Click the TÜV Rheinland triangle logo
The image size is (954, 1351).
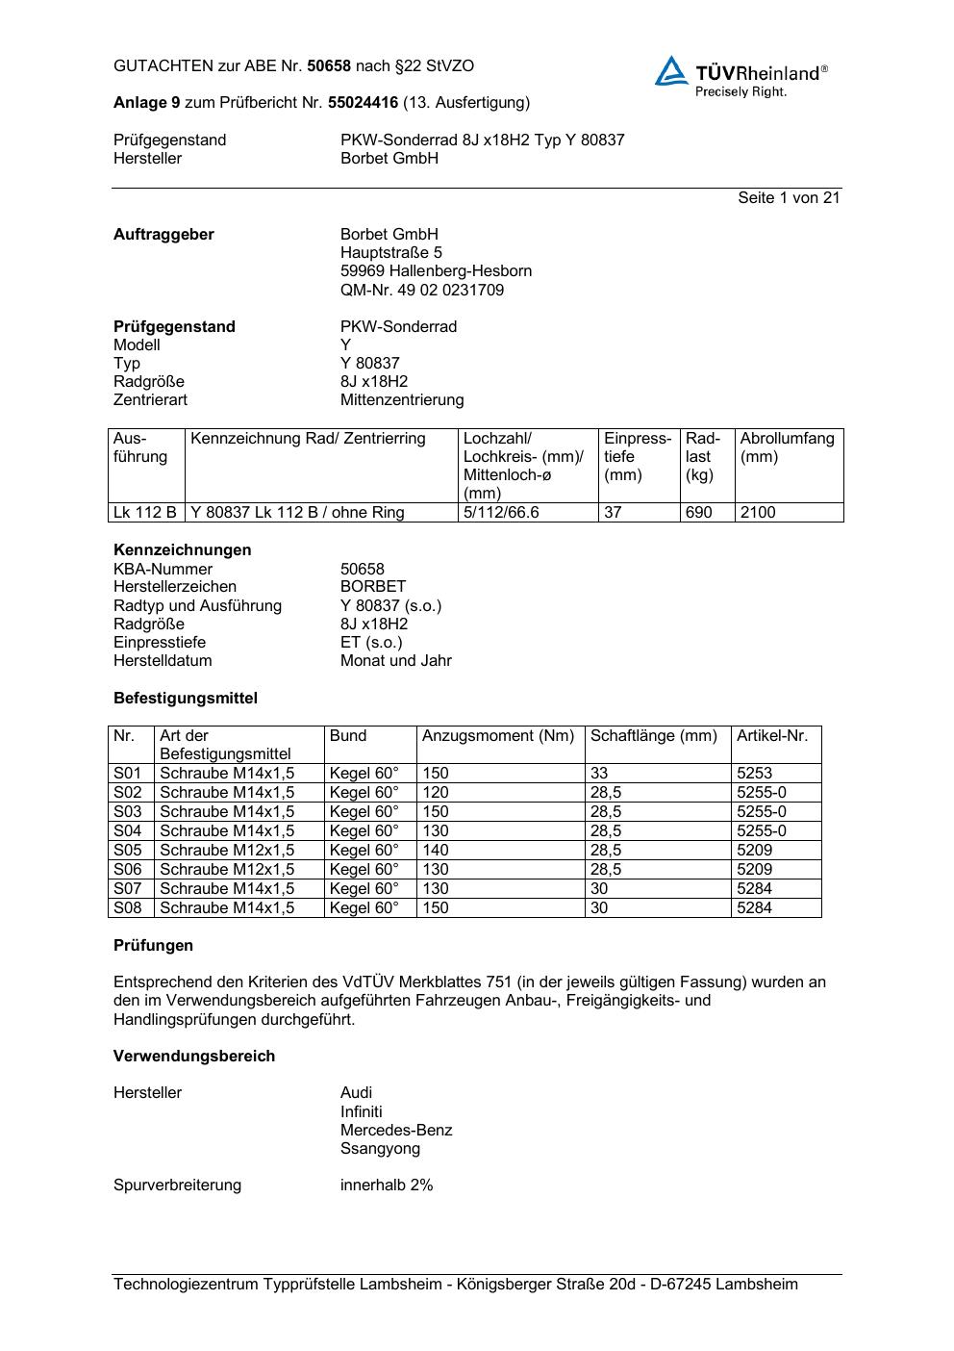[x=671, y=71]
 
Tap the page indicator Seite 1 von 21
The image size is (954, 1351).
[x=789, y=197]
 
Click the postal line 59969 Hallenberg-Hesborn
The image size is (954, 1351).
[x=436, y=271]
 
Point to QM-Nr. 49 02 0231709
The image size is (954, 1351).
[x=421, y=290]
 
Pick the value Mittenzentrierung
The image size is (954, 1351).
[x=401, y=399]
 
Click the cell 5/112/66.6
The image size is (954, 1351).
[x=501, y=512]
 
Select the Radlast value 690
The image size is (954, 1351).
[x=698, y=512]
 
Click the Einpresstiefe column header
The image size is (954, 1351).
[x=637, y=456]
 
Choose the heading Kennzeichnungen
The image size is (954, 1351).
[x=182, y=549]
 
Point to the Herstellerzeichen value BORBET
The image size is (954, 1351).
[x=373, y=586]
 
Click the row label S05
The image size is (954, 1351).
[x=128, y=850]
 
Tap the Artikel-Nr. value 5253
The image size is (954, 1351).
[x=754, y=773]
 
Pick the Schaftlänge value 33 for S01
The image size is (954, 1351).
[x=599, y=773]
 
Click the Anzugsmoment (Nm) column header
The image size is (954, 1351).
[x=498, y=736]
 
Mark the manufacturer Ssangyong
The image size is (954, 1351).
[x=380, y=1148]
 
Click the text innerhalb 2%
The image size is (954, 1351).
[x=387, y=1185]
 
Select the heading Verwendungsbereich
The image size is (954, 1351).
[x=194, y=1056]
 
